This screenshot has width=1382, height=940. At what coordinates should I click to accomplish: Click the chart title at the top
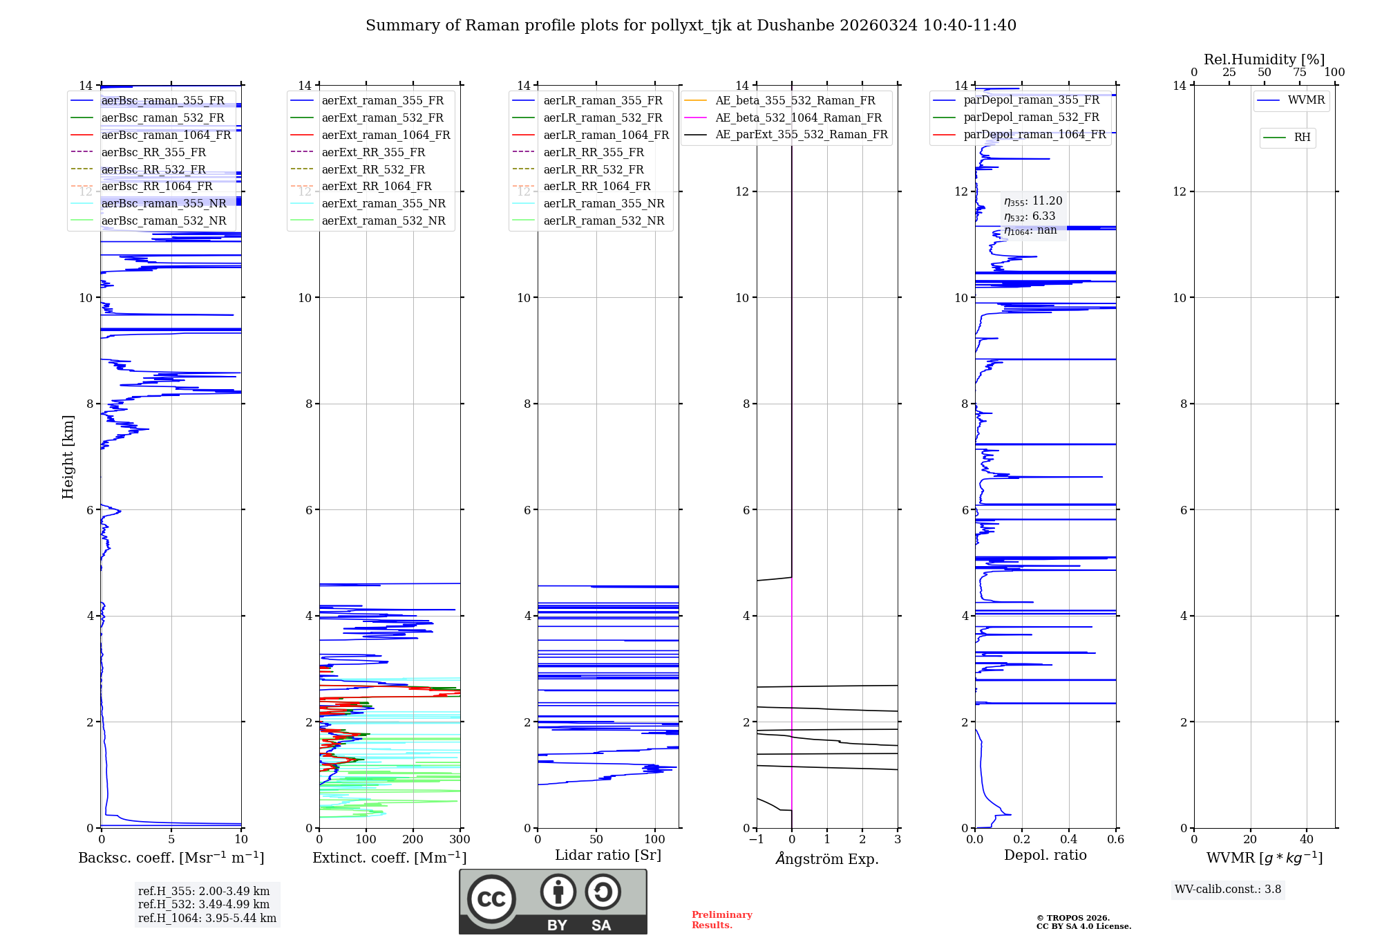point(691,26)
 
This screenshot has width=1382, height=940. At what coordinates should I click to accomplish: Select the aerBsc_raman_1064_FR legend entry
point(166,135)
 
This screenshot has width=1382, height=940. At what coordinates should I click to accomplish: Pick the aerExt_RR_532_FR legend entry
point(373,169)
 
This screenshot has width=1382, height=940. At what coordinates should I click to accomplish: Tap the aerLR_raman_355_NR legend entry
point(603,203)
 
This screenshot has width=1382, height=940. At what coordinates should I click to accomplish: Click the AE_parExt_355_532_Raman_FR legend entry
point(802,134)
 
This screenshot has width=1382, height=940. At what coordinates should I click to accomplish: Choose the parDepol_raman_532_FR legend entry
point(1031,117)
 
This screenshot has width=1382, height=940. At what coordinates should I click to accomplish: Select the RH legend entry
point(1302,138)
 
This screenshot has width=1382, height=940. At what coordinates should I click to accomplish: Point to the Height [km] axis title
point(68,456)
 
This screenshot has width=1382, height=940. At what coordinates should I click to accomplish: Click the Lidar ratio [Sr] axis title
point(608,855)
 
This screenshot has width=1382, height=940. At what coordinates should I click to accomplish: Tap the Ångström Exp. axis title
point(827,858)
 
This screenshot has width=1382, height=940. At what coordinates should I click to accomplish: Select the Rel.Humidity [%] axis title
point(1264,59)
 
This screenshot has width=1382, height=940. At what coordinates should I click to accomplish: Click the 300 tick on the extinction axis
point(460,840)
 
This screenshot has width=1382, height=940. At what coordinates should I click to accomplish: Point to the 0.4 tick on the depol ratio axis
point(1069,840)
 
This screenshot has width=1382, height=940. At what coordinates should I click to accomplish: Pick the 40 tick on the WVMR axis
point(1306,840)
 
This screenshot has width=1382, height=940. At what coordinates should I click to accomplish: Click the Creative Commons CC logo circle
point(491,899)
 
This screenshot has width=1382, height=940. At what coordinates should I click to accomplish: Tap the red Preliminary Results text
point(721,920)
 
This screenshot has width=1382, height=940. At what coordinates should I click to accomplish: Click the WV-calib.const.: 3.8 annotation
point(1228,890)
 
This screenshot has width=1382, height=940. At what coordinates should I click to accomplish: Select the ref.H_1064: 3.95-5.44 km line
point(207,919)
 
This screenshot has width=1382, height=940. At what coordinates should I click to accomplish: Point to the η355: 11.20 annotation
point(1033,201)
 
